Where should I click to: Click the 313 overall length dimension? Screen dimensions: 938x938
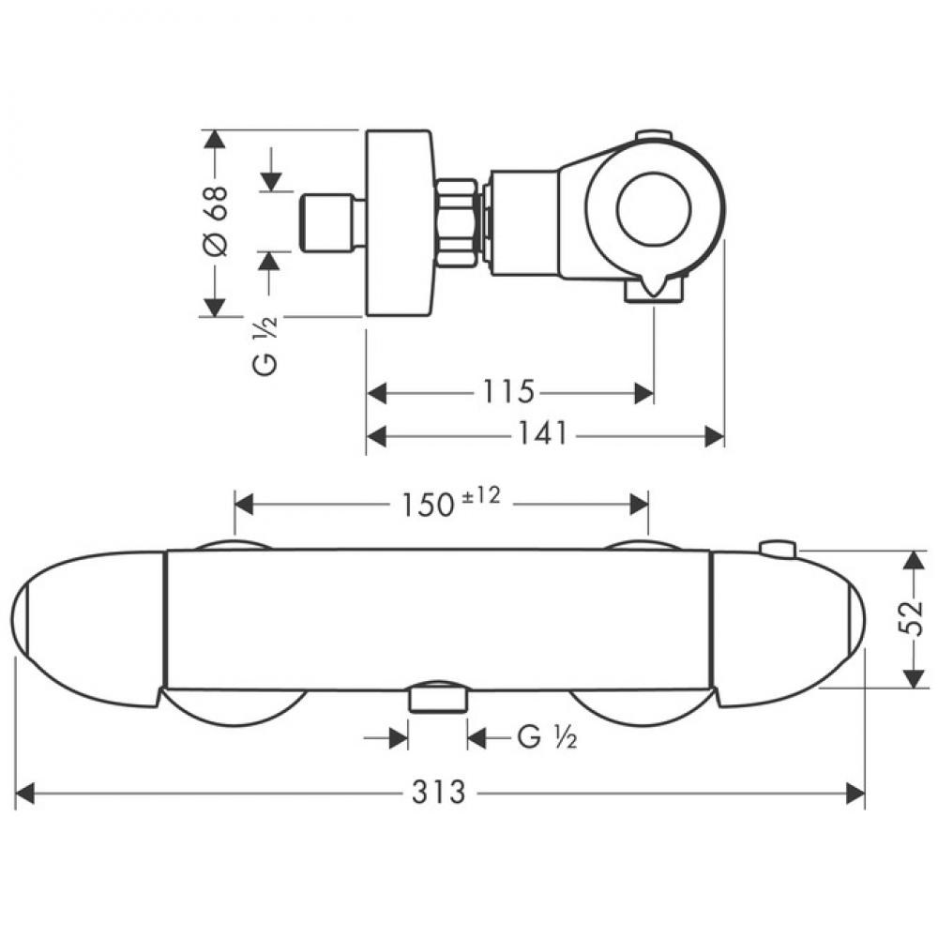coord(438,794)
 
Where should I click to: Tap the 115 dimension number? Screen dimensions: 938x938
coord(507,391)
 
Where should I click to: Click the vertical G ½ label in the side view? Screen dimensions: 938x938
coord(265,346)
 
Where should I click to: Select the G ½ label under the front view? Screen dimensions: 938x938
coord(547,737)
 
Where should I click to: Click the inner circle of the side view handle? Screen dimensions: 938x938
coord(654,210)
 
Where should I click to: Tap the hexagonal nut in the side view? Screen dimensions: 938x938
coord(459,221)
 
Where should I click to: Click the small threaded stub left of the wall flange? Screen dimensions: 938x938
coord(332,221)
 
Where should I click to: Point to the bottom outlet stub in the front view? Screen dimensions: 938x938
coord(438,700)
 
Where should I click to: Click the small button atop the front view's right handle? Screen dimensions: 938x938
coord(778,548)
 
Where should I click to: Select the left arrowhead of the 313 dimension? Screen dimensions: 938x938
coord(25,794)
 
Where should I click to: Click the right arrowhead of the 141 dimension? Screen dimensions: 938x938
coord(714,435)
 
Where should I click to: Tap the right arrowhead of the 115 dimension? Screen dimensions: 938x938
coord(643,393)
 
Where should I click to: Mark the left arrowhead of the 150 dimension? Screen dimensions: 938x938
coord(245,503)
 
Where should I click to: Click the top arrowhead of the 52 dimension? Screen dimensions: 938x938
coord(913,561)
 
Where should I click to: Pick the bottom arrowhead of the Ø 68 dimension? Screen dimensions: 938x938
coord(214,308)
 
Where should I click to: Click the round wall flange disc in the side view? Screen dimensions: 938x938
coord(398,222)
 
